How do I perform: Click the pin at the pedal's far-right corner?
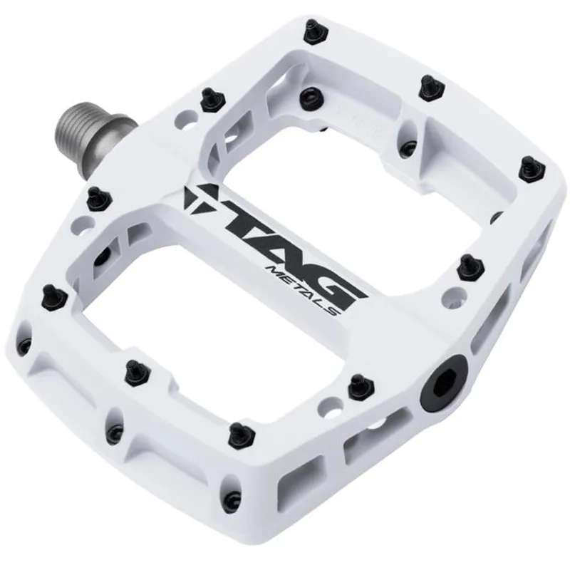528,166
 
